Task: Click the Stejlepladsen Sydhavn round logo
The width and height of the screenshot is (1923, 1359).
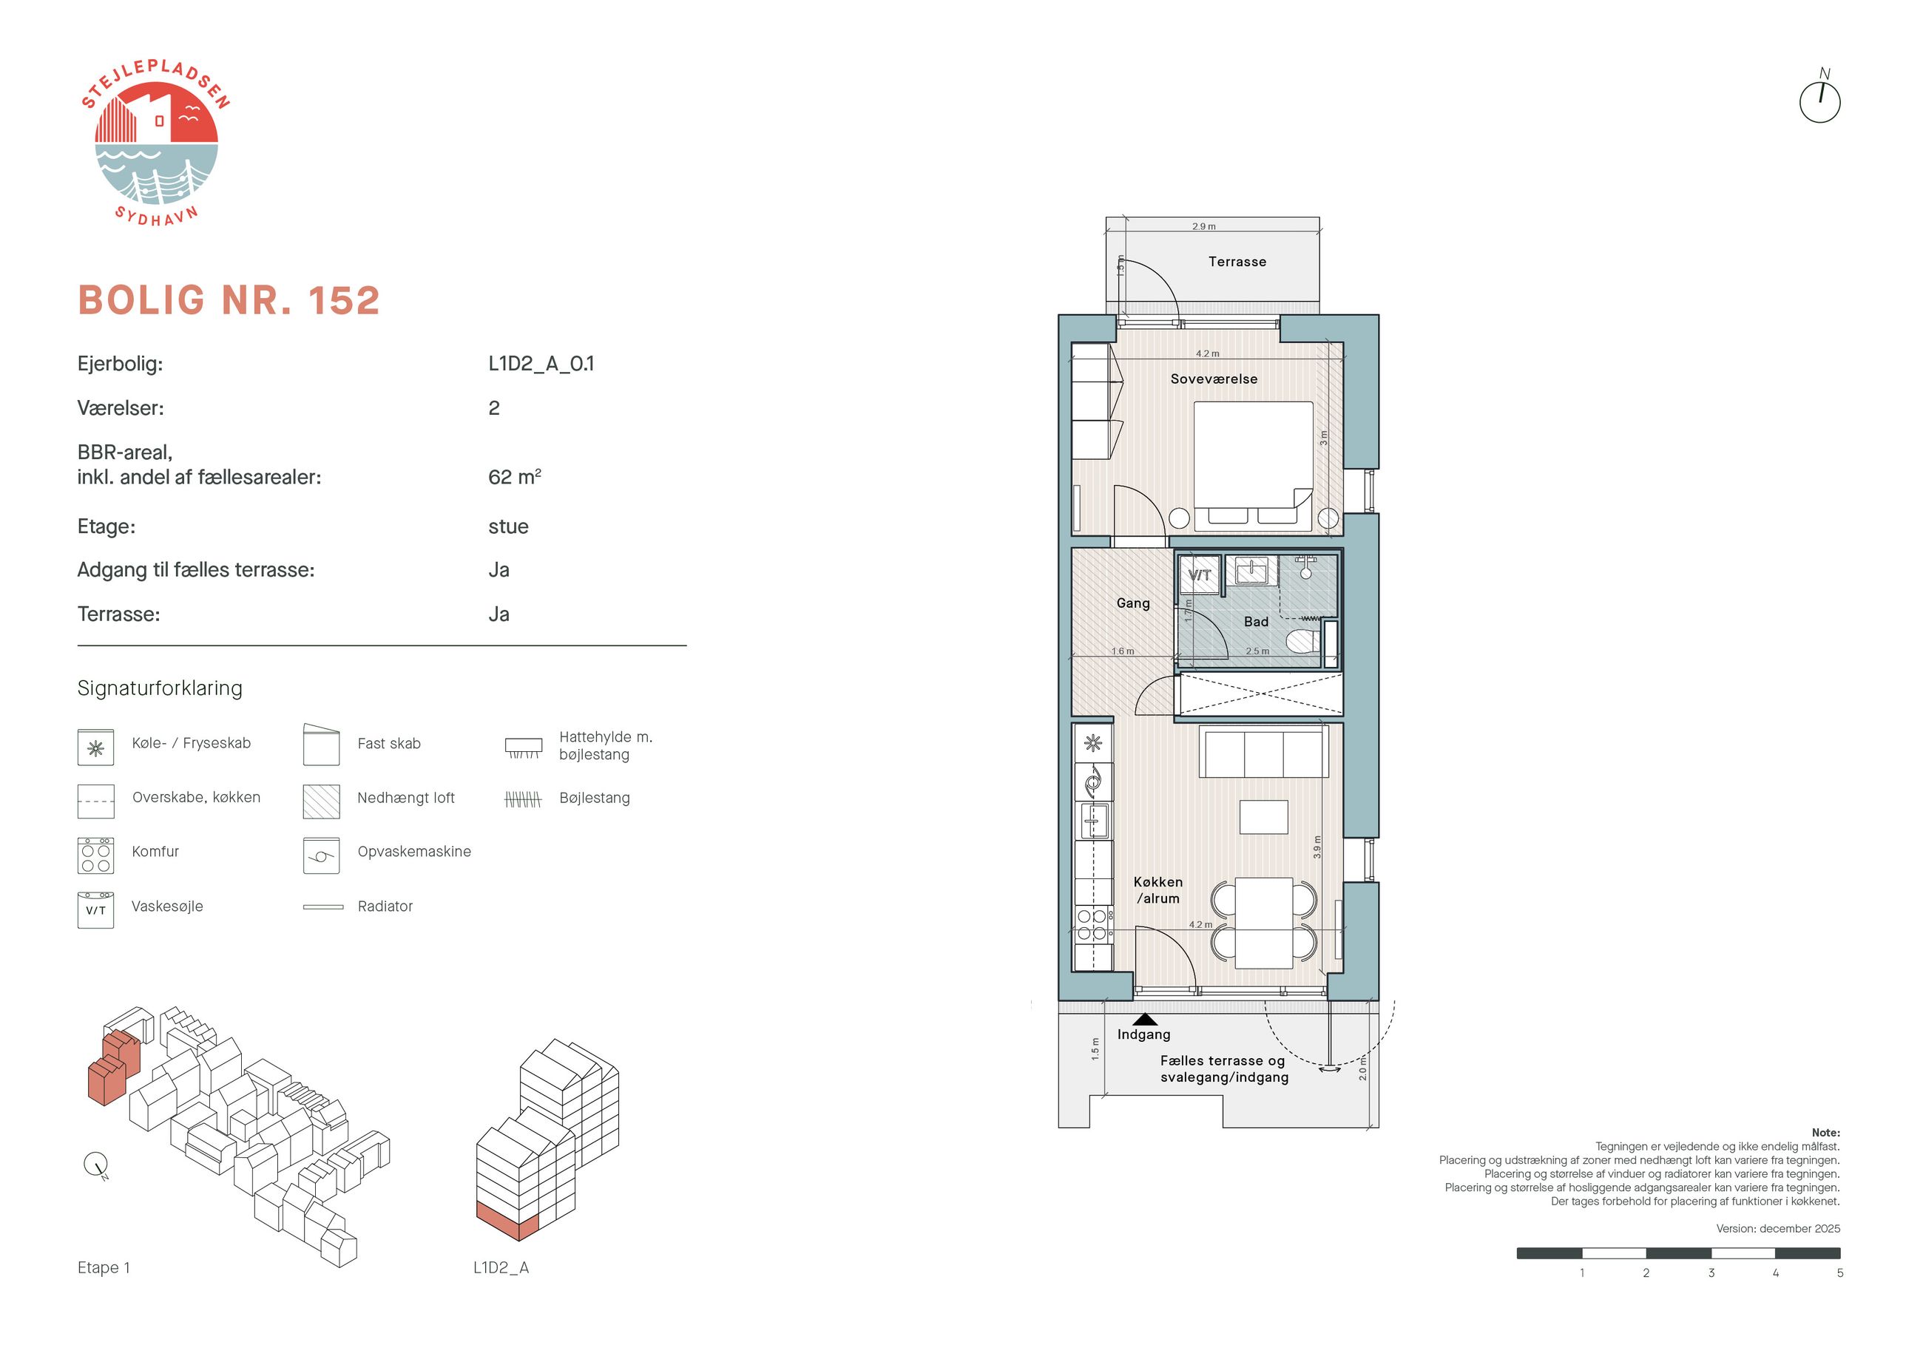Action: coord(156,143)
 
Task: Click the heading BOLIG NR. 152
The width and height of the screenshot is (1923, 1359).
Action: coord(229,299)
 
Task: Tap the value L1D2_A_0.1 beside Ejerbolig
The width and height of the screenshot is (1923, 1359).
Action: coord(541,363)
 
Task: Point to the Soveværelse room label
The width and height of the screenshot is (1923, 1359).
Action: coord(1214,379)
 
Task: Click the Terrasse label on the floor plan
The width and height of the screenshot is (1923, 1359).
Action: coord(1237,261)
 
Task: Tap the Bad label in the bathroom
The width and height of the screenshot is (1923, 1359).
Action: coord(1255,621)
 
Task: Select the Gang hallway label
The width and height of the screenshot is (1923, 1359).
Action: coord(1132,603)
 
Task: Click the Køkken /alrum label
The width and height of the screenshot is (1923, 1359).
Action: coord(1158,890)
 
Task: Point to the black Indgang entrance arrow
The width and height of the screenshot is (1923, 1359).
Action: coord(1145,1019)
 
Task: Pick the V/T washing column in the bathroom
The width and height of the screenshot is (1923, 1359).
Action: coord(1200,575)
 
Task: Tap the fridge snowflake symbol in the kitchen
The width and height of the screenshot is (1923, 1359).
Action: coord(1093,743)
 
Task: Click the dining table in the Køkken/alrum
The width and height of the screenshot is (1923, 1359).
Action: coord(1264,922)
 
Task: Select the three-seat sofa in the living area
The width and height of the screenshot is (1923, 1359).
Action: coord(1264,752)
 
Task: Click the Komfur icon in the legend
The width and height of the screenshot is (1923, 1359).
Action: coord(95,855)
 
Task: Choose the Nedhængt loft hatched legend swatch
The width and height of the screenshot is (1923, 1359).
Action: coord(322,801)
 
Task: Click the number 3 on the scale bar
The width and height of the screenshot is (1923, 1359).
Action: coord(1711,1272)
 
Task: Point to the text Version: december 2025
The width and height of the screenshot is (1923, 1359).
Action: coord(1778,1228)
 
